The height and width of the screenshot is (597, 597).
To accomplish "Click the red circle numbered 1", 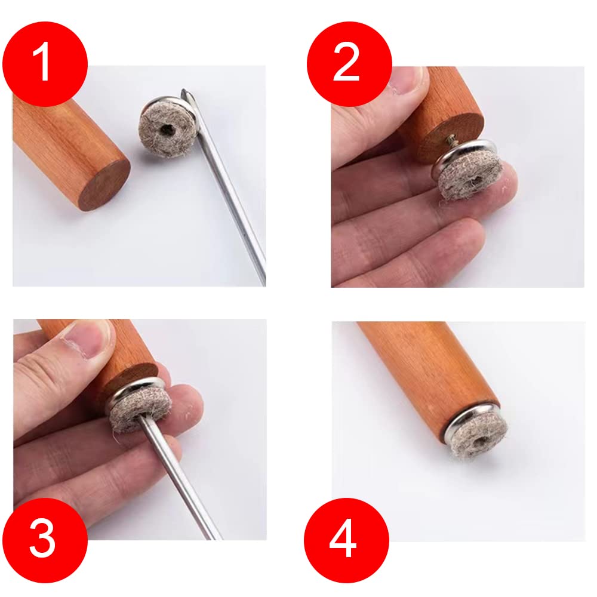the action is point(45,64).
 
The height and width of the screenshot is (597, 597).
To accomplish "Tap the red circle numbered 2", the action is point(349,64).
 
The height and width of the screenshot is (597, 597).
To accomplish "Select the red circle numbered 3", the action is point(45,540).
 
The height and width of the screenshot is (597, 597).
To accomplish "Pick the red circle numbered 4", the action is point(346,540).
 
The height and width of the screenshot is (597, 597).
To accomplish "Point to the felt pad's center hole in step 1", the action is point(167,130).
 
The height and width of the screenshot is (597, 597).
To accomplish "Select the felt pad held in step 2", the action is point(469,177).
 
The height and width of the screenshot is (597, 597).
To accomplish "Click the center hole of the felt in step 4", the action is point(479,442).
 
